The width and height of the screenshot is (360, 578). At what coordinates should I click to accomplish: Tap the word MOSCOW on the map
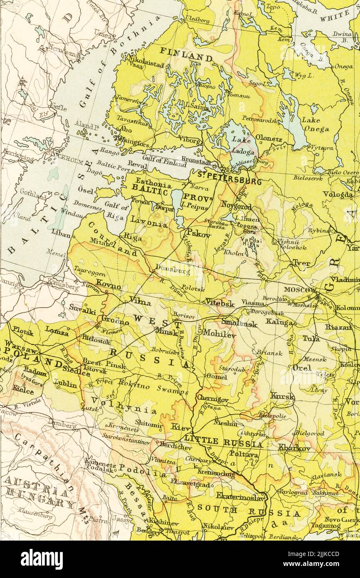[300, 289]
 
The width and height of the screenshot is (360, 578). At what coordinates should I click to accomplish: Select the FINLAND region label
[186, 56]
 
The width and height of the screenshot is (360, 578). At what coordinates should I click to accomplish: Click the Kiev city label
[180, 427]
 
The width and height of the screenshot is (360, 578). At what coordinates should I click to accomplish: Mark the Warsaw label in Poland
[18, 346]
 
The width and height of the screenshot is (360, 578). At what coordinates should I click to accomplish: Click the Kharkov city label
[294, 448]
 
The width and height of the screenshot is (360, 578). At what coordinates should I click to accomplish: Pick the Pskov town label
[198, 233]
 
